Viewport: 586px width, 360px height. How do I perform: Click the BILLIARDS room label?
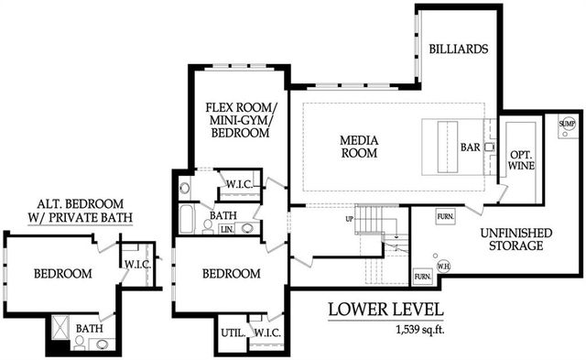[459, 49]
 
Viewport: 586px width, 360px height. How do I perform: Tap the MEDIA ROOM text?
[359, 147]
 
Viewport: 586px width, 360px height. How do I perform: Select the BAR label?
[471, 146]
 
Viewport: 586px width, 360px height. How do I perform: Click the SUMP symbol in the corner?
[566, 123]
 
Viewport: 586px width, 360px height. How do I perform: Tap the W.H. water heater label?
[444, 267]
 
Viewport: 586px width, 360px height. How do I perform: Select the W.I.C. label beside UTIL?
[266, 333]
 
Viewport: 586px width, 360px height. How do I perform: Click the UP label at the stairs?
[349, 219]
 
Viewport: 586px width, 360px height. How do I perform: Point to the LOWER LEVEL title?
[385, 310]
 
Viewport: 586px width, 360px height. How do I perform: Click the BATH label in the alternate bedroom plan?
[89, 328]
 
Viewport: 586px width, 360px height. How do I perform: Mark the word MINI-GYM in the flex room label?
[237, 118]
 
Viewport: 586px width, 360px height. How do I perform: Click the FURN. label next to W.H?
[423, 276]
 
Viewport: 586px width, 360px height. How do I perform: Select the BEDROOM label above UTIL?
[231, 274]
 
